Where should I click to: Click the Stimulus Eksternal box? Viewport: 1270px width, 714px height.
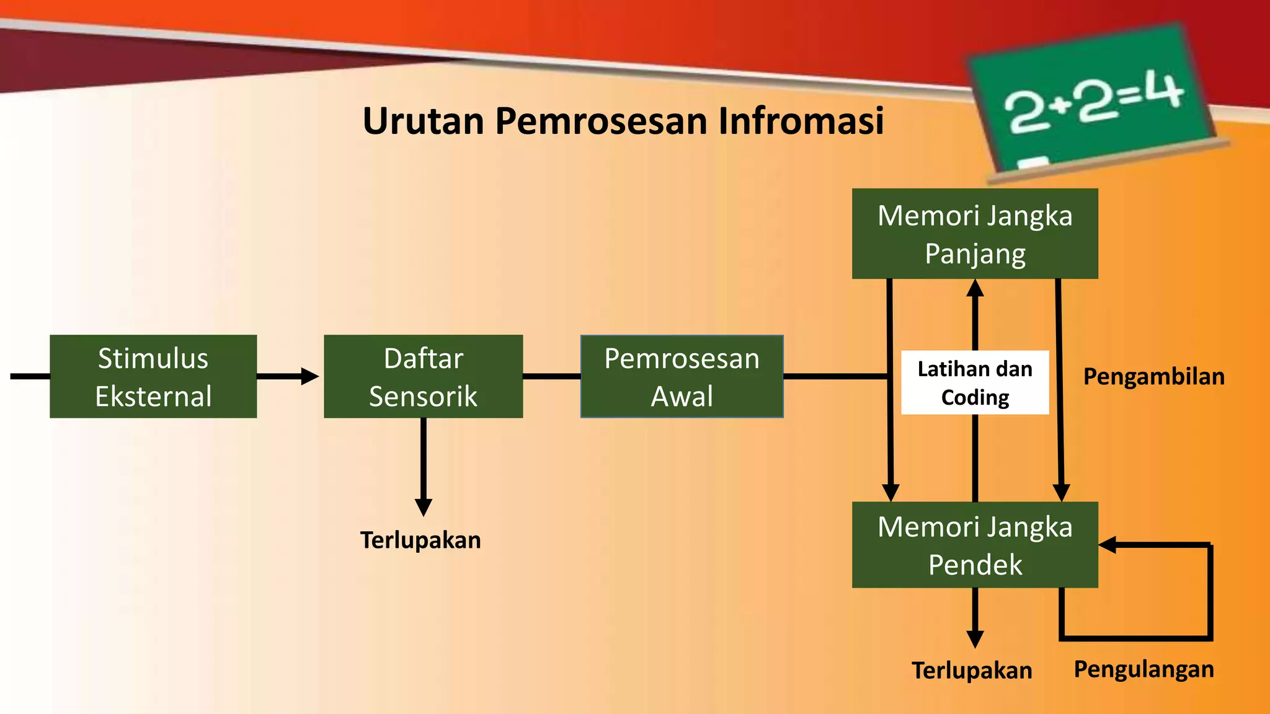153,376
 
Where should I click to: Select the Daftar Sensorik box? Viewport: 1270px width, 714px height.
423,376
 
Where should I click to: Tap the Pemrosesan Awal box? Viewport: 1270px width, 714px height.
682,376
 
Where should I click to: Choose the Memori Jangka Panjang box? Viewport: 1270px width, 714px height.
974,234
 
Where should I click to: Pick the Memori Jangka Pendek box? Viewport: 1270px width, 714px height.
974,545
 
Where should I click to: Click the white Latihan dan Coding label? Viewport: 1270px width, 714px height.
974,382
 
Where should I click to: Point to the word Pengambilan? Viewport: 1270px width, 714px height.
1153,377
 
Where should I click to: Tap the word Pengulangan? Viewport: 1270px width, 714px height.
1143,669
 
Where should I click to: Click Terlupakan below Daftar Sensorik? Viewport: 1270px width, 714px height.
420,540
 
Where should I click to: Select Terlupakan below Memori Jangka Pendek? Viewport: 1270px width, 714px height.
972,671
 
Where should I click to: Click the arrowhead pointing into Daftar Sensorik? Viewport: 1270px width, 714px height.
309,376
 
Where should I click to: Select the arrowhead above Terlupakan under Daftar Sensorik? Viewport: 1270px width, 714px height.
423,507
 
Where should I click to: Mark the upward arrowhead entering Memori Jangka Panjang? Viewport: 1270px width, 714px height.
975,288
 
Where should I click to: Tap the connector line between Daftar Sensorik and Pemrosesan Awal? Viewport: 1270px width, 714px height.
551,376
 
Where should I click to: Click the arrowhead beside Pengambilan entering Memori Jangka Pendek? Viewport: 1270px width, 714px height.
1061,493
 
